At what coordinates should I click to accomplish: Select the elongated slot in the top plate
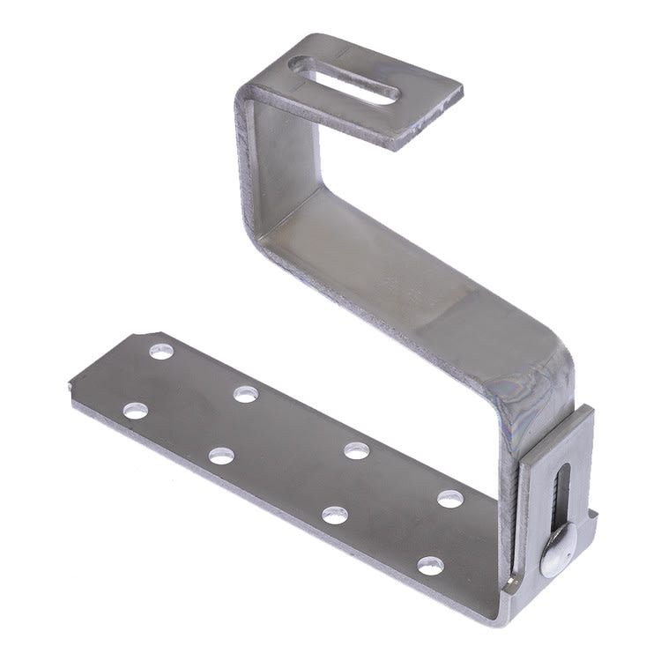[345, 80]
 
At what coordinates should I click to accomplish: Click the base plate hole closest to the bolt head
[431, 565]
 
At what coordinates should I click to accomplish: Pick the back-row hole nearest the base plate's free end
[161, 351]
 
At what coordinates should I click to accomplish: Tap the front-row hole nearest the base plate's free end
[135, 410]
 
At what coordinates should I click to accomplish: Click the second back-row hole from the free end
[246, 393]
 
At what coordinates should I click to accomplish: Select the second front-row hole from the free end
[221, 456]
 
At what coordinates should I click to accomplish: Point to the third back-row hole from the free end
[356, 450]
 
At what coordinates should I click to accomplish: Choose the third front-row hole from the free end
[334, 515]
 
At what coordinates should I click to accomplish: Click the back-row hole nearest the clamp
[450, 499]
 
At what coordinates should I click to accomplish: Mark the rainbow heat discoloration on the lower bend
[529, 388]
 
